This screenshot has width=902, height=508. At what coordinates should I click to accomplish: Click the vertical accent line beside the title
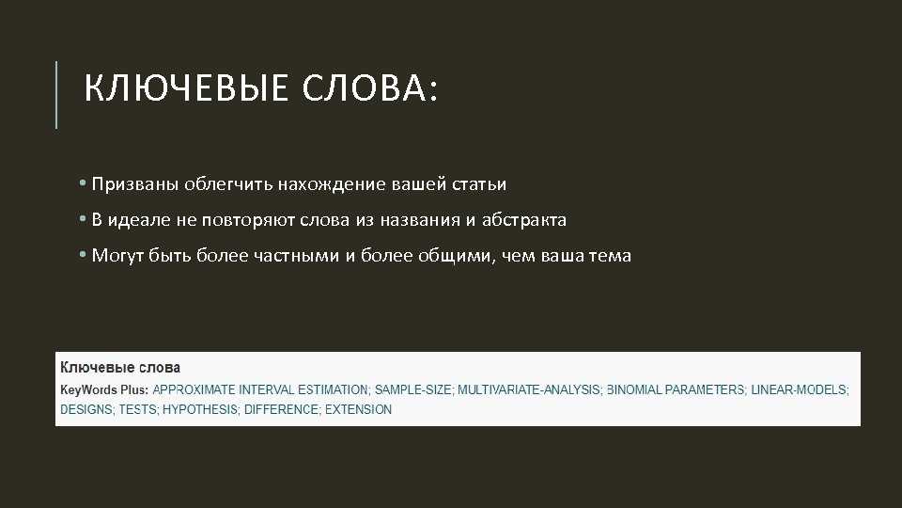click(x=56, y=94)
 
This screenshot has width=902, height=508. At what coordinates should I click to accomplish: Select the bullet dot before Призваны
click(x=83, y=183)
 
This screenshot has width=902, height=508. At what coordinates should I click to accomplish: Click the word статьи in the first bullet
click(x=479, y=184)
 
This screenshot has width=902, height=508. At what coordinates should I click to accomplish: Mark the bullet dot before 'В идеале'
click(x=83, y=219)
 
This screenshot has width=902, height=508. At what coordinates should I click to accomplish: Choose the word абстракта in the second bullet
click(x=524, y=219)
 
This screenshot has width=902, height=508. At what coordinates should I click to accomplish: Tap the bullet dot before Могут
click(x=83, y=255)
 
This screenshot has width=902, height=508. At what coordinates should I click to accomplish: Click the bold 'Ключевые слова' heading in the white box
click(x=120, y=368)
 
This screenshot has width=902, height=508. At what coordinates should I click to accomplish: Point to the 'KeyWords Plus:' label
click(x=104, y=389)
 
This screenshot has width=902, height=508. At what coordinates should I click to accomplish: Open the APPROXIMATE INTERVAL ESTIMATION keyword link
click(x=260, y=389)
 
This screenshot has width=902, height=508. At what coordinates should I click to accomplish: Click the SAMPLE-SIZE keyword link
click(x=413, y=389)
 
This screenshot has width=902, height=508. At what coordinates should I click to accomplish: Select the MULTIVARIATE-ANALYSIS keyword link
click(x=529, y=389)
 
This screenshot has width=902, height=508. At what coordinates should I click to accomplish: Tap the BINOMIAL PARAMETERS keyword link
click(x=676, y=389)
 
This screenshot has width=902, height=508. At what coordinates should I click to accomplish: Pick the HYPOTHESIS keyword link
click(x=200, y=409)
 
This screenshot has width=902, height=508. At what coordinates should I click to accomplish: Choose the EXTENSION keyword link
click(x=358, y=409)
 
